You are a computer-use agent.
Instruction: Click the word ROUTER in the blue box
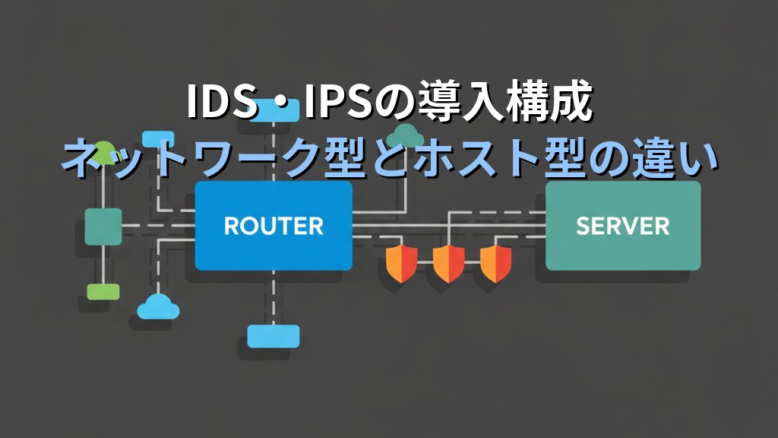[274, 226]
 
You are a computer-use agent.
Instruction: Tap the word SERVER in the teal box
[622, 226]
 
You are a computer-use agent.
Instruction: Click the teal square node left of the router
[103, 226]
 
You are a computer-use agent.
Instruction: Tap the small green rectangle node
[103, 291]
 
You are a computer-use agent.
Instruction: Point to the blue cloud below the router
[158, 306]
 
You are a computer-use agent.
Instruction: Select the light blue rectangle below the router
[274, 335]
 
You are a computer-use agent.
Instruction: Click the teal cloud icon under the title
[407, 135]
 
